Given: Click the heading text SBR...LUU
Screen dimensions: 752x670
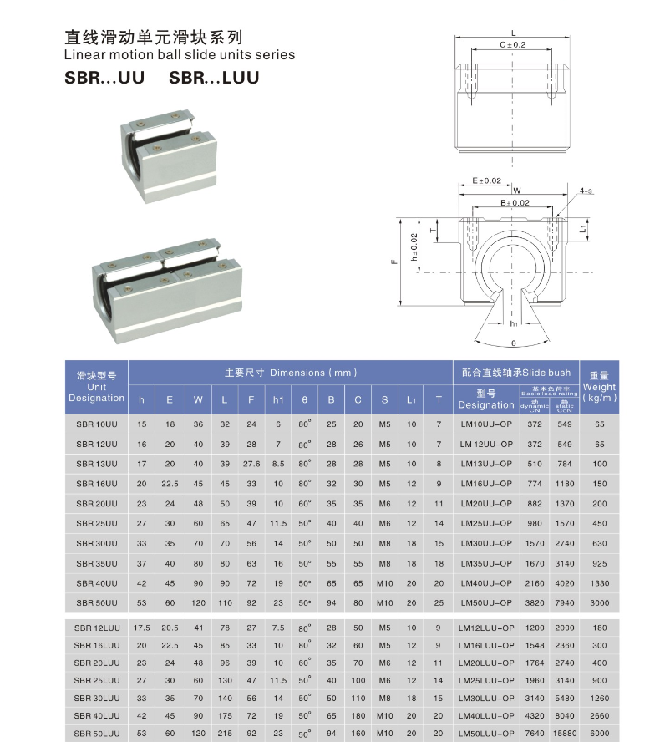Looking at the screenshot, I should coord(214,78).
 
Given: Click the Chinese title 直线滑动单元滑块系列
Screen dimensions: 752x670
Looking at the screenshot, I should coord(154,37).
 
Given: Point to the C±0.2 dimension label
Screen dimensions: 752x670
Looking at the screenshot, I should coord(512,44).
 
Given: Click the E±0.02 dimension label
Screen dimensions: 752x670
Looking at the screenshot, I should coord(486,180).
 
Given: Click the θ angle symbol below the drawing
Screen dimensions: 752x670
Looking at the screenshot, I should coord(512,343).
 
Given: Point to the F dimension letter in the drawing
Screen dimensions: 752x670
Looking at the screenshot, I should coord(392,262).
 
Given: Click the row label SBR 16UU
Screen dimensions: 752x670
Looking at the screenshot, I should coord(97,482).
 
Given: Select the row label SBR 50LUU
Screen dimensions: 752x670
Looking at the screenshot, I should coord(97,733).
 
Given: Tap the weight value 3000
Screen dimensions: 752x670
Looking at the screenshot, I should coord(599,602).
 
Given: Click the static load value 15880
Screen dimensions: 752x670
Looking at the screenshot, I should coord(564,733).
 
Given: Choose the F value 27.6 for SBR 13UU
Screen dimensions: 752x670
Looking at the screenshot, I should coord(251,464).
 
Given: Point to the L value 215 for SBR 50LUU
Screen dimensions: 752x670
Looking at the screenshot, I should coord(225,733).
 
